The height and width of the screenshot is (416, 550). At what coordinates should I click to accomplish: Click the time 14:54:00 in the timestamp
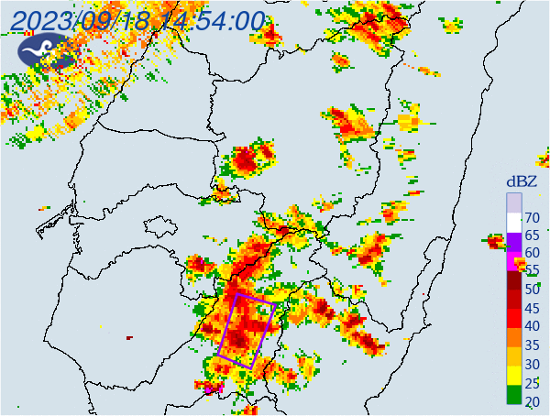coord(212,20)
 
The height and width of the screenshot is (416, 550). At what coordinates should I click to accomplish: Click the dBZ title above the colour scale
coord(525,181)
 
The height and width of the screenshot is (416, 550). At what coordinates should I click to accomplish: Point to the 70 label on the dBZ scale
coord(532,218)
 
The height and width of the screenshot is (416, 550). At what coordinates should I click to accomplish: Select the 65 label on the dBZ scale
coord(532,236)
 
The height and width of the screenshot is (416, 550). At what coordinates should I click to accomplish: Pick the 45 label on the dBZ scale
coord(532,308)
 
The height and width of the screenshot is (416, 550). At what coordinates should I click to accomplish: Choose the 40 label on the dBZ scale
coord(532,327)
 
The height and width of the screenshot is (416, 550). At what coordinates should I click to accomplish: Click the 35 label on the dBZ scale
coord(532,345)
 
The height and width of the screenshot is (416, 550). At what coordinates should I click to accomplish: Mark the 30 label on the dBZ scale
coord(532,365)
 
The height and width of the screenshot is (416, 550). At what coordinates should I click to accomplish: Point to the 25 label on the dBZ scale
coord(532,383)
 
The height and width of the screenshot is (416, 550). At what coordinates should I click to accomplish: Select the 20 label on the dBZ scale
coord(532,401)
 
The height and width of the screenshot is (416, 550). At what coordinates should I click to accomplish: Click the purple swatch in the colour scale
coord(514,240)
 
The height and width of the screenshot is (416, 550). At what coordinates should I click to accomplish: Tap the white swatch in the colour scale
coord(514,221)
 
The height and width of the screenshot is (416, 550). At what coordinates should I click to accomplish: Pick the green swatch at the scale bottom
coord(514,396)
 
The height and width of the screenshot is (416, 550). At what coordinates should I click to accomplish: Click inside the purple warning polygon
coord(246,330)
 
